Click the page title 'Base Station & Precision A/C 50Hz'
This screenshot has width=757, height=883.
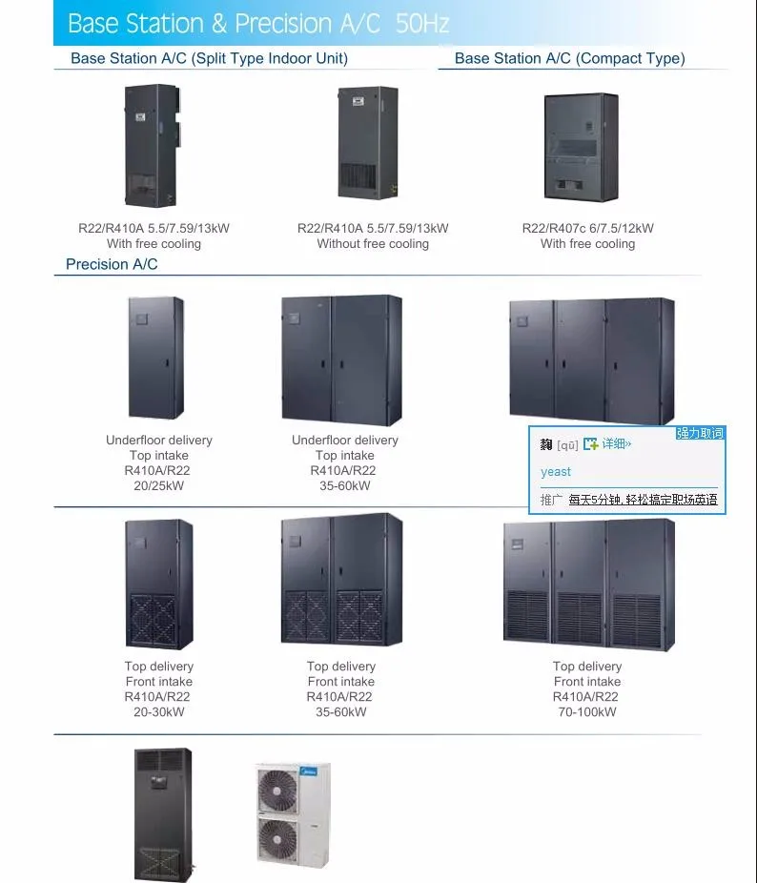pyautogui.click(x=258, y=23)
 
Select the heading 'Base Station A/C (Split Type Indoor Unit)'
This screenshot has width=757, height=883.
pyautogui.click(x=209, y=58)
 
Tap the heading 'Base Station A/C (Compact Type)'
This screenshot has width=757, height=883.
pyautogui.click(x=569, y=58)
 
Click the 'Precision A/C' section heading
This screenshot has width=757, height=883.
pyautogui.click(x=112, y=264)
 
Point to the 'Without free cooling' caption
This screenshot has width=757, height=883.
pyautogui.click(x=373, y=244)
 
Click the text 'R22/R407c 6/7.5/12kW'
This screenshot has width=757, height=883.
pyautogui.click(x=587, y=229)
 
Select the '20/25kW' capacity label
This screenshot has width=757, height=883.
pyautogui.click(x=159, y=486)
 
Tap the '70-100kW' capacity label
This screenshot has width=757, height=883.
pyautogui.click(x=587, y=712)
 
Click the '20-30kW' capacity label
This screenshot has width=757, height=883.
pyautogui.click(x=158, y=712)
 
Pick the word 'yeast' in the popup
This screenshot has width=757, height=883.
pyautogui.click(x=556, y=472)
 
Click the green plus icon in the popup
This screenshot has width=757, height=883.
pyautogui.click(x=591, y=444)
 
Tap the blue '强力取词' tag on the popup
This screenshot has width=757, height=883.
pyautogui.click(x=701, y=434)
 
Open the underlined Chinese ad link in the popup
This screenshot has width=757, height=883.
pyautogui.click(x=643, y=500)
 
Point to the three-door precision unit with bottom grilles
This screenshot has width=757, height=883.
pyautogui.click(x=589, y=583)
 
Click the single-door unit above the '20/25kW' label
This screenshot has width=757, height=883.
pyautogui.click(x=156, y=358)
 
